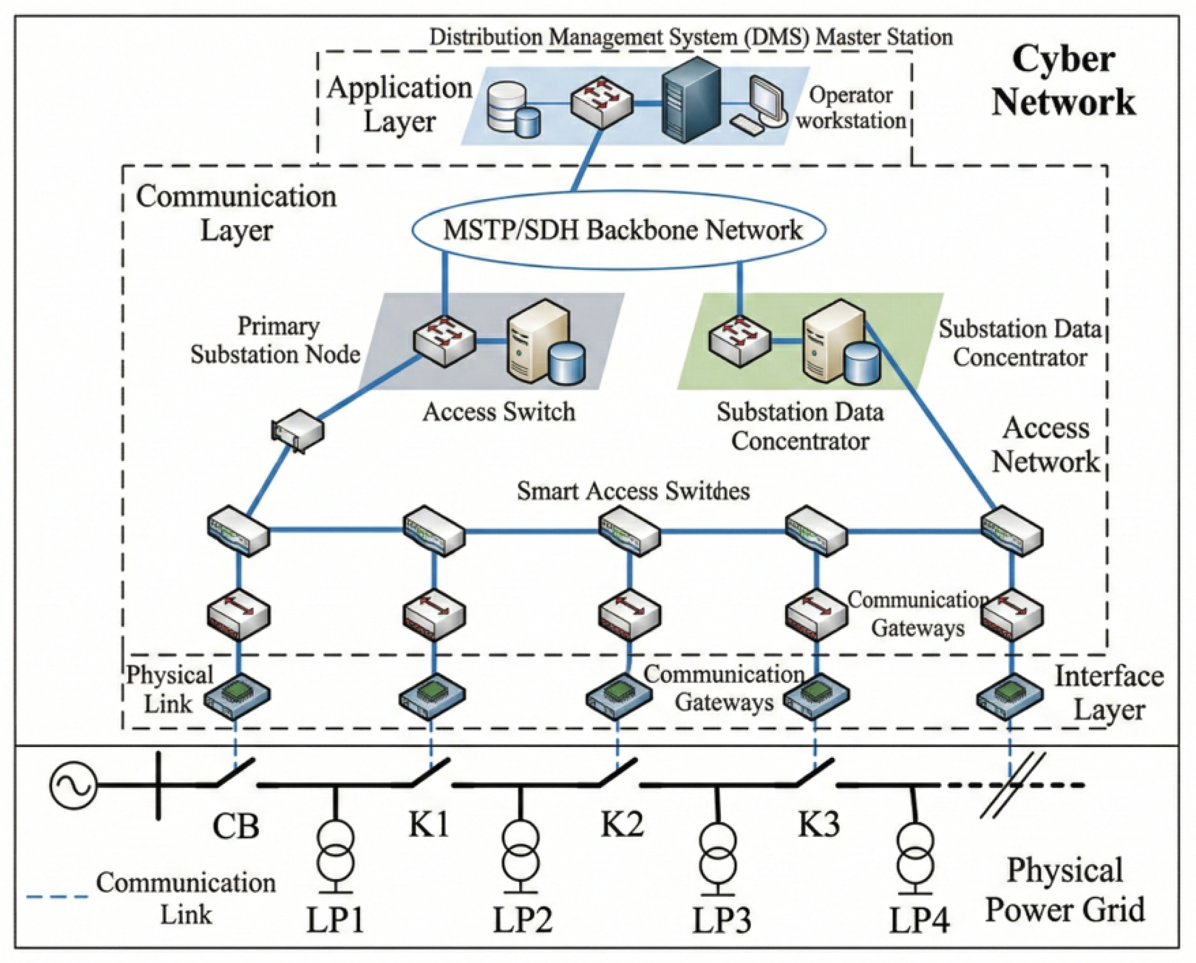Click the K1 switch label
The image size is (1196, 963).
click(428, 823)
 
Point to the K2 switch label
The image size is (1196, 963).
click(623, 823)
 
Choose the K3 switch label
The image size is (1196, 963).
click(819, 823)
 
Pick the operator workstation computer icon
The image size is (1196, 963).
click(761, 104)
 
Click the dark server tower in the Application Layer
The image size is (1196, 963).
click(691, 100)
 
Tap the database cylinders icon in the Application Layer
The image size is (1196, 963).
click(513, 109)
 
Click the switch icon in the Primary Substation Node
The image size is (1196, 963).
click(444, 340)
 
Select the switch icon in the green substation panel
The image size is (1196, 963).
click(739, 340)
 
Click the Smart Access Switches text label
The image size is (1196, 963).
click(633, 491)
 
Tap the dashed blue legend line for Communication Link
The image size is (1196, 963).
click(57, 896)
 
